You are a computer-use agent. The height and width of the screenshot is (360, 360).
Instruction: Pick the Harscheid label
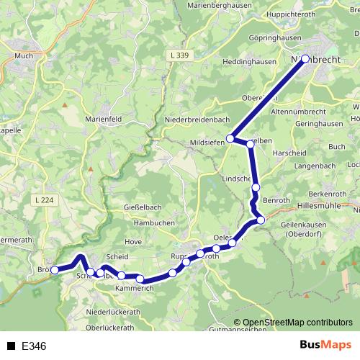(289, 153)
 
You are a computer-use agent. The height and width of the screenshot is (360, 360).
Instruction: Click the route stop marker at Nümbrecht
(305, 59)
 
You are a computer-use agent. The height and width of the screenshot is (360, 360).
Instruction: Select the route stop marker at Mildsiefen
(231, 138)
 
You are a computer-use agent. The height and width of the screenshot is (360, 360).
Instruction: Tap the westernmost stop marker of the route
(55, 271)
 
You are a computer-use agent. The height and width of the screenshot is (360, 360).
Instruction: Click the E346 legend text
(34, 346)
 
